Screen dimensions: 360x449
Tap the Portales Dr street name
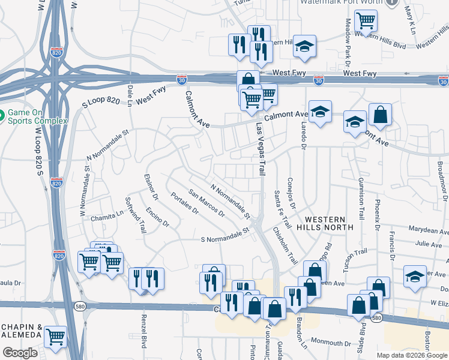tap(184, 203)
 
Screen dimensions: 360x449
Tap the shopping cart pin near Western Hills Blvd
tap(366, 21)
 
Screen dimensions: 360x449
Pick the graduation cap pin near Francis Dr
tap(415, 277)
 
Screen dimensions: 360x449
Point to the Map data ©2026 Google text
tap(412, 355)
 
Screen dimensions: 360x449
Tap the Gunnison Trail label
tap(361, 199)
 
